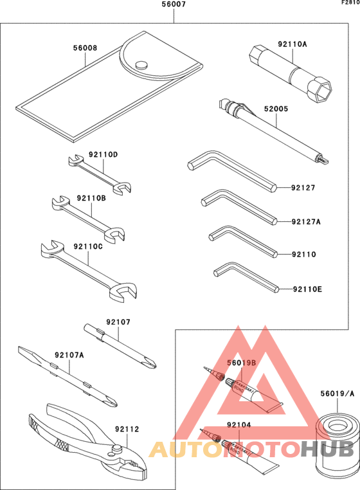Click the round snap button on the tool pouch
point(141,64)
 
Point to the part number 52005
point(275,109)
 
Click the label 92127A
point(305,222)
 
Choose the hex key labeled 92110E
point(244,277)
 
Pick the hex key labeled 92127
point(231,170)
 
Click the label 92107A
point(69,355)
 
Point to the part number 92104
point(239,425)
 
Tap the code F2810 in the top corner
point(350,3)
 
